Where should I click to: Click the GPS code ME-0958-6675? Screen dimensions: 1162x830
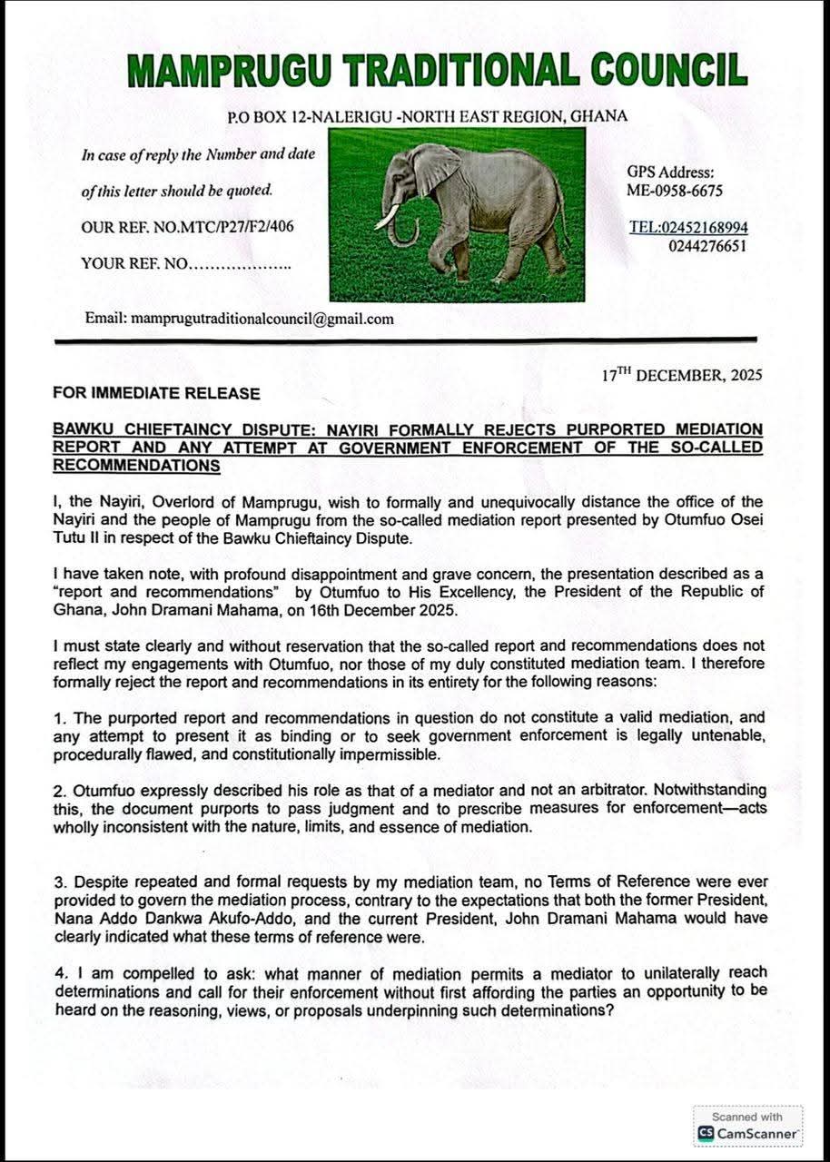675,191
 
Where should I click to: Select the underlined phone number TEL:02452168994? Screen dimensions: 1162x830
688,227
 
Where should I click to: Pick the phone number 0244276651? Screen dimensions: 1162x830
706,246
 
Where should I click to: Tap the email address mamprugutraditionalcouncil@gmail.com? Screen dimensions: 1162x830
262,319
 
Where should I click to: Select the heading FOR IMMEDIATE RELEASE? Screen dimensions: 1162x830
156,393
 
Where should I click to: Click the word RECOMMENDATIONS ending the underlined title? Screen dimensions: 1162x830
136,465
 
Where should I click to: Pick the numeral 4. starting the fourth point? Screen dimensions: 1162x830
59,973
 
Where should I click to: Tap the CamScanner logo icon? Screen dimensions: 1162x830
706,1134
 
